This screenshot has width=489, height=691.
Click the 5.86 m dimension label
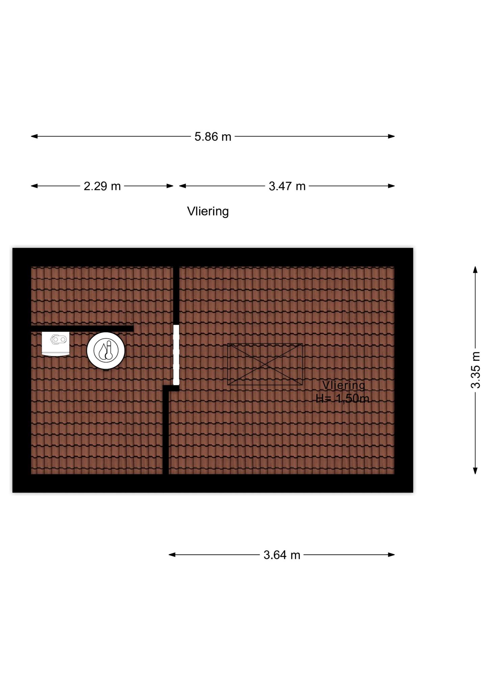[213, 137]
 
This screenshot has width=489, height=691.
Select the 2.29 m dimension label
[102, 186]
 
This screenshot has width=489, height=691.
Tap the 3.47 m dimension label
[287, 186]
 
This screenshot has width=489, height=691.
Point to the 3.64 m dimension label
[282, 555]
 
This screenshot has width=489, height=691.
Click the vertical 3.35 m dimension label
[475, 370]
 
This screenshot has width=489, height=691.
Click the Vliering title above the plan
[208, 212]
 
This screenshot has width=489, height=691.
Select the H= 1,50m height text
[342, 399]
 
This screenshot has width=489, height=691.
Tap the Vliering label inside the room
[344, 385]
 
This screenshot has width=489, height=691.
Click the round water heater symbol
[106, 350]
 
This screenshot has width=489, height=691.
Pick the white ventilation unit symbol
[55, 343]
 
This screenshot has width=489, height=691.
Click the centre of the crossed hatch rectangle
[265, 364]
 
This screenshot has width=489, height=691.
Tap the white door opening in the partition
[176, 355]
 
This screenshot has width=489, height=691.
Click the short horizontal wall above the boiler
[82, 328]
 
